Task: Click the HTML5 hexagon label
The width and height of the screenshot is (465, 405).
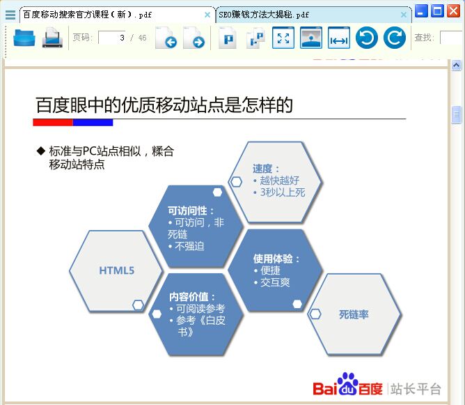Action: pyautogui.click(x=116, y=270)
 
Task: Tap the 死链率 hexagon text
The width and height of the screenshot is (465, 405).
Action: pyautogui.click(x=354, y=314)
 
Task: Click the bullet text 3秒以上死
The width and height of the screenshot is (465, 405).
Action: pyautogui.click(x=283, y=192)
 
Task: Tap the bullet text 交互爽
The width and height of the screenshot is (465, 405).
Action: pyautogui.click(x=275, y=282)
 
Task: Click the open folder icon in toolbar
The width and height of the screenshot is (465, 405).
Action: pyautogui.click(x=24, y=38)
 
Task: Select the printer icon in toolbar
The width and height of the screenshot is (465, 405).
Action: pyautogui.click(x=52, y=38)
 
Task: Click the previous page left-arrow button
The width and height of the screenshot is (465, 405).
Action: pyautogui.click(x=166, y=38)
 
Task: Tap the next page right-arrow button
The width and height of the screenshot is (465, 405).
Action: pyautogui.click(x=194, y=38)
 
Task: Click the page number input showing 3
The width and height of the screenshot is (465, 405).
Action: pyautogui.click(x=112, y=38)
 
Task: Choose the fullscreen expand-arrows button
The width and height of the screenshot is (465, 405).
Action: pyautogui.click(x=283, y=38)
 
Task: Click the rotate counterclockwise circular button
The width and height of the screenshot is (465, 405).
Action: pyautogui.click(x=367, y=38)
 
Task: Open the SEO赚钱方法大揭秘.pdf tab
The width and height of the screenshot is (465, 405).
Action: pyautogui.click(x=264, y=15)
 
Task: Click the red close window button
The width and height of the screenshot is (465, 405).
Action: pyautogui.click(x=453, y=11)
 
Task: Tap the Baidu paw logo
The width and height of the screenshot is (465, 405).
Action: pyautogui.click(x=347, y=383)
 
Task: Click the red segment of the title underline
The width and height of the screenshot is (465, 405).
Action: pyautogui.click(x=53, y=122)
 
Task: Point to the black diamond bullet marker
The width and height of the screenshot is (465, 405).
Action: pyautogui.click(x=40, y=151)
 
